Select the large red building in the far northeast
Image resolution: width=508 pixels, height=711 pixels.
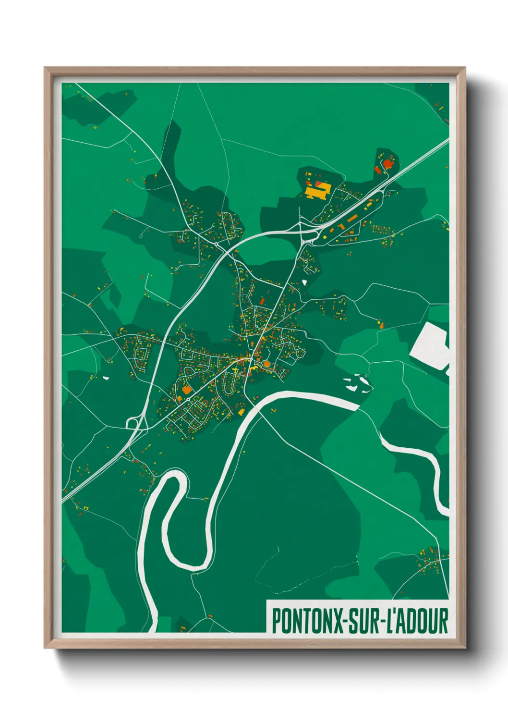coord(388,164)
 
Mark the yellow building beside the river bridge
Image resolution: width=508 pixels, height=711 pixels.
coord(241,412)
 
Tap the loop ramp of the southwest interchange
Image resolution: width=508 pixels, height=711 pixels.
coord(132,423)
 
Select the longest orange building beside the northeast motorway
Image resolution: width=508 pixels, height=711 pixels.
coord(352,219)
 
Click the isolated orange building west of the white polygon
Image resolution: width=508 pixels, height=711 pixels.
coord(382,325)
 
